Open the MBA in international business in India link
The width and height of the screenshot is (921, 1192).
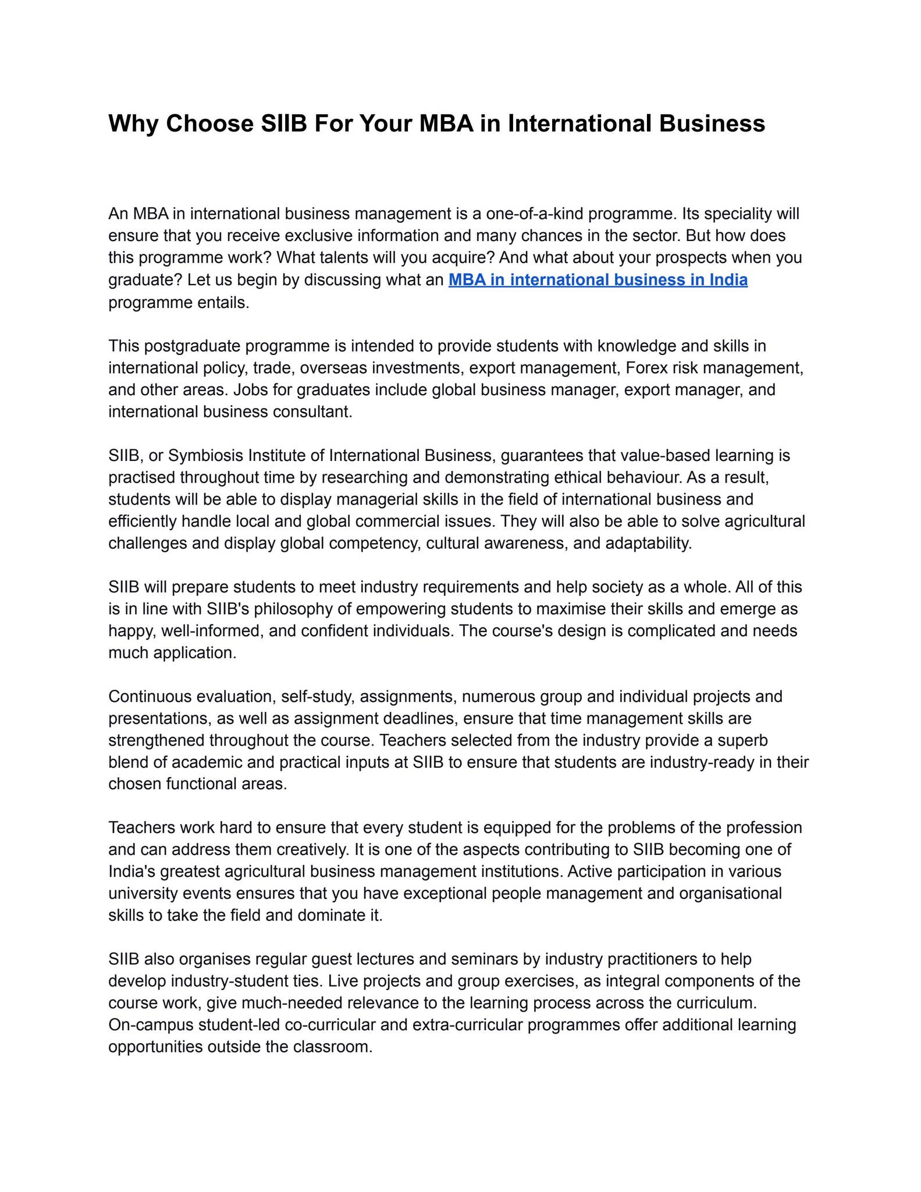598,280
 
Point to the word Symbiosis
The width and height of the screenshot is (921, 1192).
206,455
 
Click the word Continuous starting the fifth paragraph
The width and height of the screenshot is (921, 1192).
150,697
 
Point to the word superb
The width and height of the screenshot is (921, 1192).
743,740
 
